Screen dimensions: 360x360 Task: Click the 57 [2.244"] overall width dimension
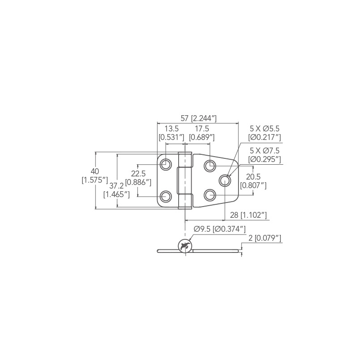coord(198,118)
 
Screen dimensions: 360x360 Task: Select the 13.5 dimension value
coord(171,129)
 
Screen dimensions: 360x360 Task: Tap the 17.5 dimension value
coord(202,129)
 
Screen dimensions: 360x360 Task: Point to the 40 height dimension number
coord(94,171)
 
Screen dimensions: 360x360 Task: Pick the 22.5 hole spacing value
coord(138,174)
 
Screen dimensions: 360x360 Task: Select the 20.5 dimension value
coord(253,177)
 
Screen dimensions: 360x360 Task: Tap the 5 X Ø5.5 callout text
coord(265,129)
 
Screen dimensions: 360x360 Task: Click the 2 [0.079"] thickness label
coord(265,238)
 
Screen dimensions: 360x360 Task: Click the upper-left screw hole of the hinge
coord(166,164)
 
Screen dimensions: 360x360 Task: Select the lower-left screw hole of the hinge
coord(166,196)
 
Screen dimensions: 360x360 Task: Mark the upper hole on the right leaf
coord(210,166)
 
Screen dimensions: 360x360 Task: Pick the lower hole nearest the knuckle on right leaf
coord(210,195)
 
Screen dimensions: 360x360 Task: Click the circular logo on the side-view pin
coord(185,246)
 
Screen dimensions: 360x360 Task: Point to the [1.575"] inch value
coord(94,180)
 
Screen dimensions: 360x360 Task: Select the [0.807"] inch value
coord(253,185)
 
